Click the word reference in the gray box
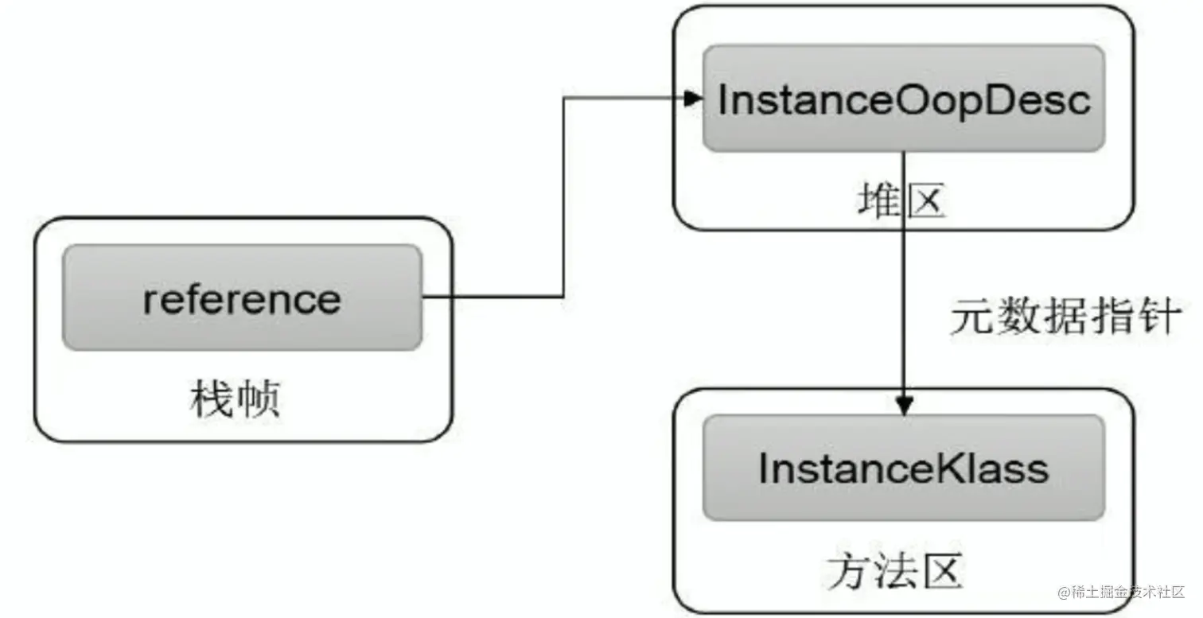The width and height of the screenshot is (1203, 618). pyautogui.click(x=242, y=300)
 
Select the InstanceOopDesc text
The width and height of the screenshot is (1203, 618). pyautogui.click(x=905, y=100)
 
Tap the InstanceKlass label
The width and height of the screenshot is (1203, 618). pyautogui.click(x=903, y=468)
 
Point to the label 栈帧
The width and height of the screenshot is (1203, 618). pyautogui.click(x=236, y=398)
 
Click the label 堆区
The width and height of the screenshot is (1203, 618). pyautogui.click(x=901, y=200)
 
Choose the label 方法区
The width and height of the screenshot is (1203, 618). pyautogui.click(x=895, y=572)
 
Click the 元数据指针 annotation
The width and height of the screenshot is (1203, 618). pyautogui.click(x=1066, y=317)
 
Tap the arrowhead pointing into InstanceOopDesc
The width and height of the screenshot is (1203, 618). pyautogui.click(x=693, y=99)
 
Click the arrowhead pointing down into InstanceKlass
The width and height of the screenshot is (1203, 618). pyautogui.click(x=905, y=406)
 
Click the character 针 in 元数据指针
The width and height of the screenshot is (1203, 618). pyautogui.click(x=1160, y=317)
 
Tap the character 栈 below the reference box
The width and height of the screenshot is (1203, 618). pyautogui.click(x=212, y=398)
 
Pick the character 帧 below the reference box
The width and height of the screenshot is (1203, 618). pyautogui.click(x=259, y=398)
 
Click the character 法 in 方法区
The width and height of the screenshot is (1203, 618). pyautogui.click(x=895, y=572)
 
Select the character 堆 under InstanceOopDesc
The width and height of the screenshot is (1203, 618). pyautogui.click(x=880, y=200)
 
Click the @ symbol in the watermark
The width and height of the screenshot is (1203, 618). pyautogui.click(x=1064, y=593)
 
